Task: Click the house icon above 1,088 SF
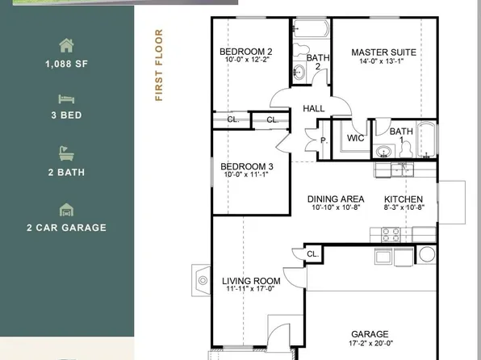coord(66,45)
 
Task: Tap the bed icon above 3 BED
coord(66,98)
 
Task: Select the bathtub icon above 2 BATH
coord(66,153)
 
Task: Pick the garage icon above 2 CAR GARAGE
coord(66,209)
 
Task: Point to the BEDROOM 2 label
coord(246,52)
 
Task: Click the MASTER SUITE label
coord(383,52)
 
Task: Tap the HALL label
coord(313,108)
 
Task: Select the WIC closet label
coord(356,138)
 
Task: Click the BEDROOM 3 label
coord(247,167)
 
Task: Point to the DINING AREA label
coord(336,199)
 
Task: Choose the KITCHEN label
coord(403,199)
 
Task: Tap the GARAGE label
coord(369,333)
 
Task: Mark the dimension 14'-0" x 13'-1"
coord(383,61)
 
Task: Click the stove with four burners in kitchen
coord(391,235)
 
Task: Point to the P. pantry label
coord(324,139)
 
